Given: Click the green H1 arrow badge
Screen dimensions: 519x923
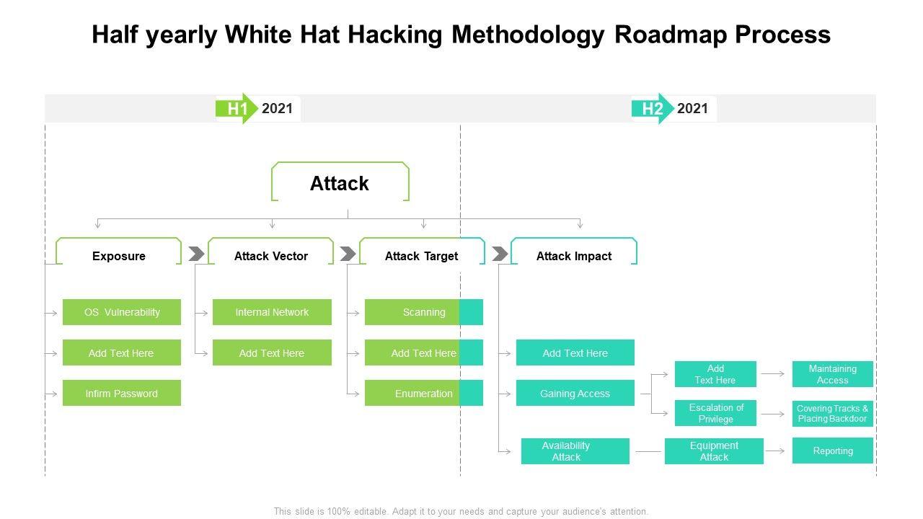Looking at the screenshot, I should (237, 109).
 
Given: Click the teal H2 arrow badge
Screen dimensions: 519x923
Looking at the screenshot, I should (652, 109).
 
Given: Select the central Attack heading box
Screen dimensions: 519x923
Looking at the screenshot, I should (340, 183).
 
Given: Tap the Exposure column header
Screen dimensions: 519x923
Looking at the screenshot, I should (119, 256).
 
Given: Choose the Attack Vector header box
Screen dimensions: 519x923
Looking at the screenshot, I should (271, 256).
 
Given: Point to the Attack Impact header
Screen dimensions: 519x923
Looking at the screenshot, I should (574, 256).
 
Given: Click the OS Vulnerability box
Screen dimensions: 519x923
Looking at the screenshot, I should (122, 312).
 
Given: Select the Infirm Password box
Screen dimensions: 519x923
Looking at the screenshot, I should (122, 394).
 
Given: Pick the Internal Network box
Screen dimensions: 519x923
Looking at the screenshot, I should (272, 312).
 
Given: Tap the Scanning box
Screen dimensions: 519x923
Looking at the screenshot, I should (424, 312).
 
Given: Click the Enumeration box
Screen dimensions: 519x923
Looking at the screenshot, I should (424, 394).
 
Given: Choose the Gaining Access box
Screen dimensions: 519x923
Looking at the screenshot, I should (575, 394).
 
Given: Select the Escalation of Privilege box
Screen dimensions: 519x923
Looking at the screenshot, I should (715, 413).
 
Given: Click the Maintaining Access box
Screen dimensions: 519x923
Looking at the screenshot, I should (832, 374).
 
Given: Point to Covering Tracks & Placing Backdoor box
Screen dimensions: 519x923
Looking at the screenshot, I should (832, 414).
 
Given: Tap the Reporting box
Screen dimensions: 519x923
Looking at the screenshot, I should (832, 451).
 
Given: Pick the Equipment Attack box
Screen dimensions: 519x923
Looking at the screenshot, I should (714, 451).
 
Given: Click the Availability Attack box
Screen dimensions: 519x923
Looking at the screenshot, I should (575, 451).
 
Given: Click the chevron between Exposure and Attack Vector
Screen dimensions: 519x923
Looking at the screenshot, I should (196, 254).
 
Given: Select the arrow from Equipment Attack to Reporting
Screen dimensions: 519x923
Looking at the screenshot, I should (776, 451).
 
